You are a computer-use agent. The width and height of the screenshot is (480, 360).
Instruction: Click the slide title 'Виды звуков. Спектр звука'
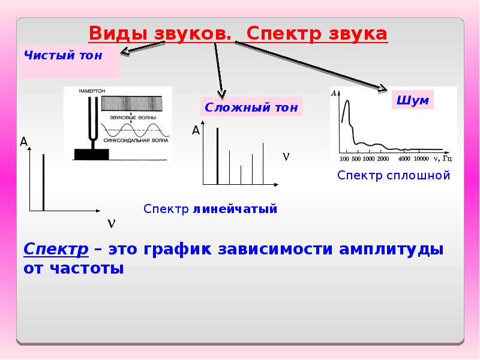[238, 34]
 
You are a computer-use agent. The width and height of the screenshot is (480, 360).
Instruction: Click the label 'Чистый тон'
[63, 56]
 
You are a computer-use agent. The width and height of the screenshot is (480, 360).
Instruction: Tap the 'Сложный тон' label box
[251, 107]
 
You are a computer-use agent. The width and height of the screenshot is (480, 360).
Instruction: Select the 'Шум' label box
[413, 100]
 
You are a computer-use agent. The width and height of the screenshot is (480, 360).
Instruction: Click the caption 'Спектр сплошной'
[393, 175]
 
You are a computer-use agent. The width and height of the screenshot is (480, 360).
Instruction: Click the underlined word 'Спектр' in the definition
[56, 249]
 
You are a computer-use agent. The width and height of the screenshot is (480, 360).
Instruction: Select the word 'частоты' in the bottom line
[91, 268]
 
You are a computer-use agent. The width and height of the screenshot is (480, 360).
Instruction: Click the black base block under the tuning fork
[92, 155]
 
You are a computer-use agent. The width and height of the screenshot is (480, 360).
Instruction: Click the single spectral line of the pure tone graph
[44, 182]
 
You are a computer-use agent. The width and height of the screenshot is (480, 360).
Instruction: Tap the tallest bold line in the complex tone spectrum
[217, 155]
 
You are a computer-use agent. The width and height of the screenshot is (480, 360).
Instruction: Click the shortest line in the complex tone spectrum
[241, 175]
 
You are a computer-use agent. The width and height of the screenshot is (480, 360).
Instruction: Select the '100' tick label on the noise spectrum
[344, 159]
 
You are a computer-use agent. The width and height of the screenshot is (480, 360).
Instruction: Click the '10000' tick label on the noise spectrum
[421, 159]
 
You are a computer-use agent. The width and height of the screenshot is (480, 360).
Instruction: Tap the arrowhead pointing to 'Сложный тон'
[221, 94]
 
